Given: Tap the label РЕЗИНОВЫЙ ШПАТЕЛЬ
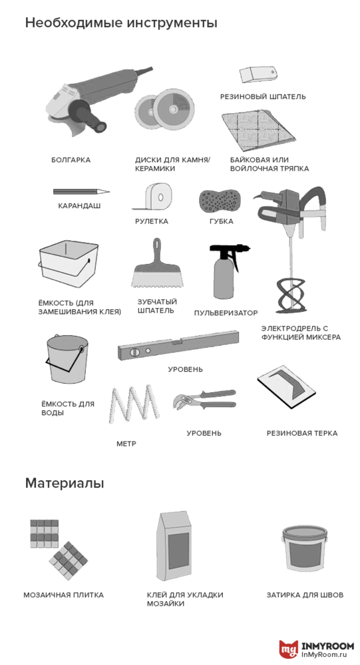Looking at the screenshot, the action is (263, 96).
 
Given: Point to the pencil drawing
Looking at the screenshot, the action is (81, 192).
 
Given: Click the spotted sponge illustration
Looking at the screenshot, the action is (221, 199).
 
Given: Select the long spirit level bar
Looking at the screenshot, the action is (178, 344).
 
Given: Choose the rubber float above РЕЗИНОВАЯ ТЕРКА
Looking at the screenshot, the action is (286, 385).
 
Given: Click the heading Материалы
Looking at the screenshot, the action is (65, 483).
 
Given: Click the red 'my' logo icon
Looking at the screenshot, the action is (288, 649).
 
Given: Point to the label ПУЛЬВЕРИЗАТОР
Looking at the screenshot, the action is (226, 313).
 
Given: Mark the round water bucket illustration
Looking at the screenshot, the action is (68, 358).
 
